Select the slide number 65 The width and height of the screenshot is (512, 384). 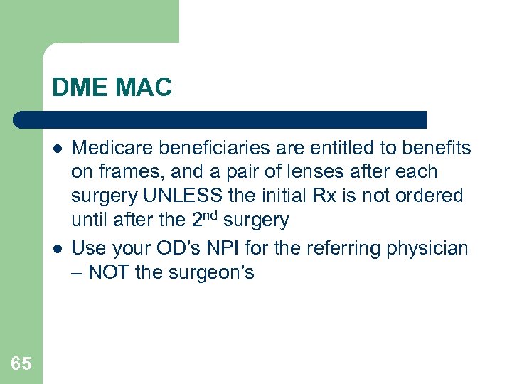pos(21,364)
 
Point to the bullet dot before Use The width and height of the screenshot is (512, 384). pos(55,249)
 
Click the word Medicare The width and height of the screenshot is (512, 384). pos(114,148)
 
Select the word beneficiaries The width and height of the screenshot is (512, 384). pos(210,148)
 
